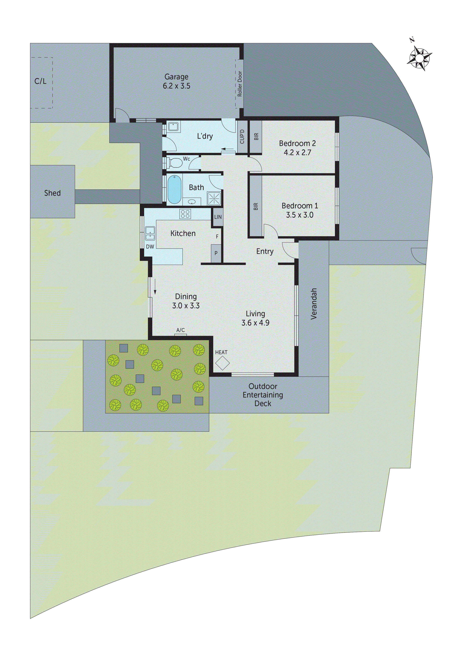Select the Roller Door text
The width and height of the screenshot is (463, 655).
[x=240, y=84]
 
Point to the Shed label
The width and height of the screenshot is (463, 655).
[x=52, y=193]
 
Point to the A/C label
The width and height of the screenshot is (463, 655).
[x=181, y=330]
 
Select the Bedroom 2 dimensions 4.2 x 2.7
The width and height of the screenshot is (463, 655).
[x=297, y=153]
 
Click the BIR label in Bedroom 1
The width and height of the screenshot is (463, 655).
[x=256, y=207]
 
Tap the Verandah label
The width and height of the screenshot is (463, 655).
[x=314, y=304]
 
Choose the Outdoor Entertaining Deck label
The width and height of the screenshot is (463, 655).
[x=263, y=395]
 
